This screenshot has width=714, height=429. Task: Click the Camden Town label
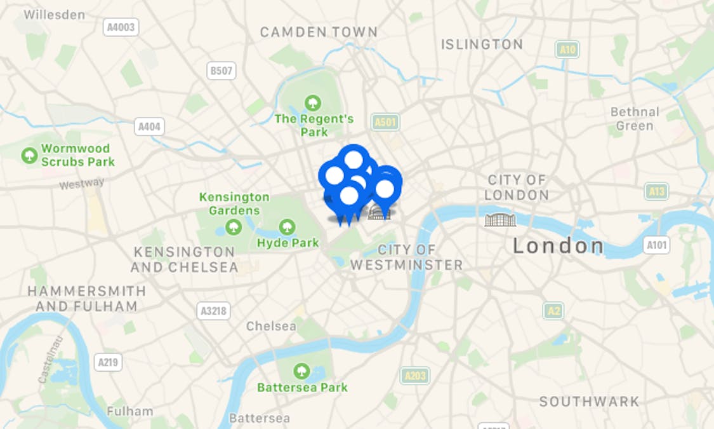319,32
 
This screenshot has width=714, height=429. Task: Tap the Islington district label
482,44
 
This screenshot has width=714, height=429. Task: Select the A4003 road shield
121,27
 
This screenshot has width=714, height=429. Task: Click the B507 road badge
221,71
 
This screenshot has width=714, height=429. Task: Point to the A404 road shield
150,126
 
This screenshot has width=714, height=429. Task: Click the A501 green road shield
386,122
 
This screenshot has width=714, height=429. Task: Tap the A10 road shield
567,49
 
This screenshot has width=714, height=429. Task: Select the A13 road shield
656,191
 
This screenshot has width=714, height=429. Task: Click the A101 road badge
656,245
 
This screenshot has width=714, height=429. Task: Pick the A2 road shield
553,310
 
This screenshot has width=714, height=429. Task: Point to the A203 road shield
415,376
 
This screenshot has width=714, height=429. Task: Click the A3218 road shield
213,311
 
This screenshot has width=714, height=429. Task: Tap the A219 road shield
108,363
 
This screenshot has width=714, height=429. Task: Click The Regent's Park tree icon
312,102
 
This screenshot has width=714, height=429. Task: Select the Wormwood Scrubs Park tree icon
29,155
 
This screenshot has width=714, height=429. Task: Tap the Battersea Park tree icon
301,370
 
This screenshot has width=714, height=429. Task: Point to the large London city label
559,246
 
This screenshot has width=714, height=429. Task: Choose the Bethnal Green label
635,119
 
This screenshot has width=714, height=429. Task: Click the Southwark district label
589,402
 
